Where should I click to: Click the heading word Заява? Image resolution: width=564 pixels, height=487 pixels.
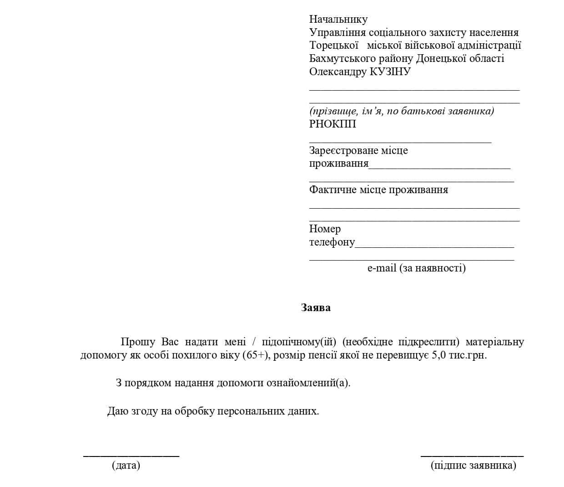[316, 308]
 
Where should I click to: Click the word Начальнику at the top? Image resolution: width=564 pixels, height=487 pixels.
[338, 19]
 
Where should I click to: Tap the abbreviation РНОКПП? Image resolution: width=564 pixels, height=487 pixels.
[332, 124]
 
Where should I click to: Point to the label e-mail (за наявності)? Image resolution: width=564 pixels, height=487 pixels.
[416, 268]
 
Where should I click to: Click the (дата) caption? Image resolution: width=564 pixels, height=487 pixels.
[126, 465]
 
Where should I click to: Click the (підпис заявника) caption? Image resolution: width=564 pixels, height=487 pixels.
[473, 465]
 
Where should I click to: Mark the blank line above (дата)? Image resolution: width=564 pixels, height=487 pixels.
[131, 455]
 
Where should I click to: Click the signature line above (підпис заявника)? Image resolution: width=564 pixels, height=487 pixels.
[472, 455]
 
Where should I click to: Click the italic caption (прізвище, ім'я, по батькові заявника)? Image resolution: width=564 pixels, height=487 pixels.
[402, 111]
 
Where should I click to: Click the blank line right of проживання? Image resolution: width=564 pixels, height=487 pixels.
[439, 168]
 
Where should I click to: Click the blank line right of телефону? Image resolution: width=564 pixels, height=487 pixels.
[434, 246]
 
